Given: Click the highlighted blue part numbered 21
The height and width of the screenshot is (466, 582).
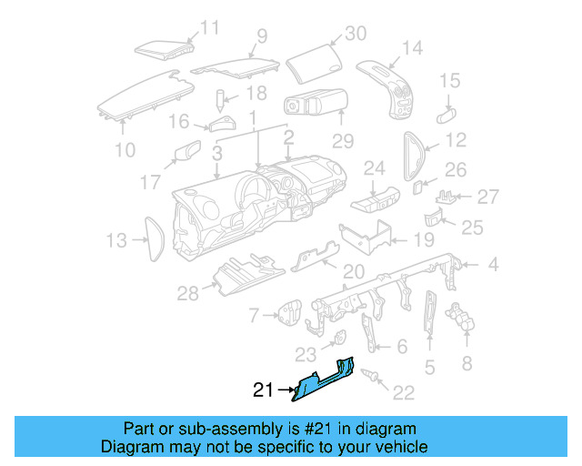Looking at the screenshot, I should [x=320, y=381].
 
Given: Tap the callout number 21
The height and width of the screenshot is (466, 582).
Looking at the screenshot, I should [x=263, y=391].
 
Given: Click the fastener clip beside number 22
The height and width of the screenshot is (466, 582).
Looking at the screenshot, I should [x=372, y=376].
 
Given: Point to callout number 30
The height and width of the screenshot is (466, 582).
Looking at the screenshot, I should [x=354, y=34].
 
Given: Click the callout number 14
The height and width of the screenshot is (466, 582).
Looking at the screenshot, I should [x=412, y=47].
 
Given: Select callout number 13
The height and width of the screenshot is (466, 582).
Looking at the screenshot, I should [x=115, y=241].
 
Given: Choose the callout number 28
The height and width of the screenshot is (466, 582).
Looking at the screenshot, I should [x=187, y=292].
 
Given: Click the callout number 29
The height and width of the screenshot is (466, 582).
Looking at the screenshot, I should [x=342, y=141].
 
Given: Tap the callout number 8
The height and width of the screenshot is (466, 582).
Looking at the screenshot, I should [x=467, y=363].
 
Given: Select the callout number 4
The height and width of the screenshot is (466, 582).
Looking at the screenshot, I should [x=493, y=266].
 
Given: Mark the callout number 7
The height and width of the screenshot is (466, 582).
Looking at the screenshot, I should [x=254, y=316].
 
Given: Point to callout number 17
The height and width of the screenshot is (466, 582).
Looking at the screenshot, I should [x=150, y=182].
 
